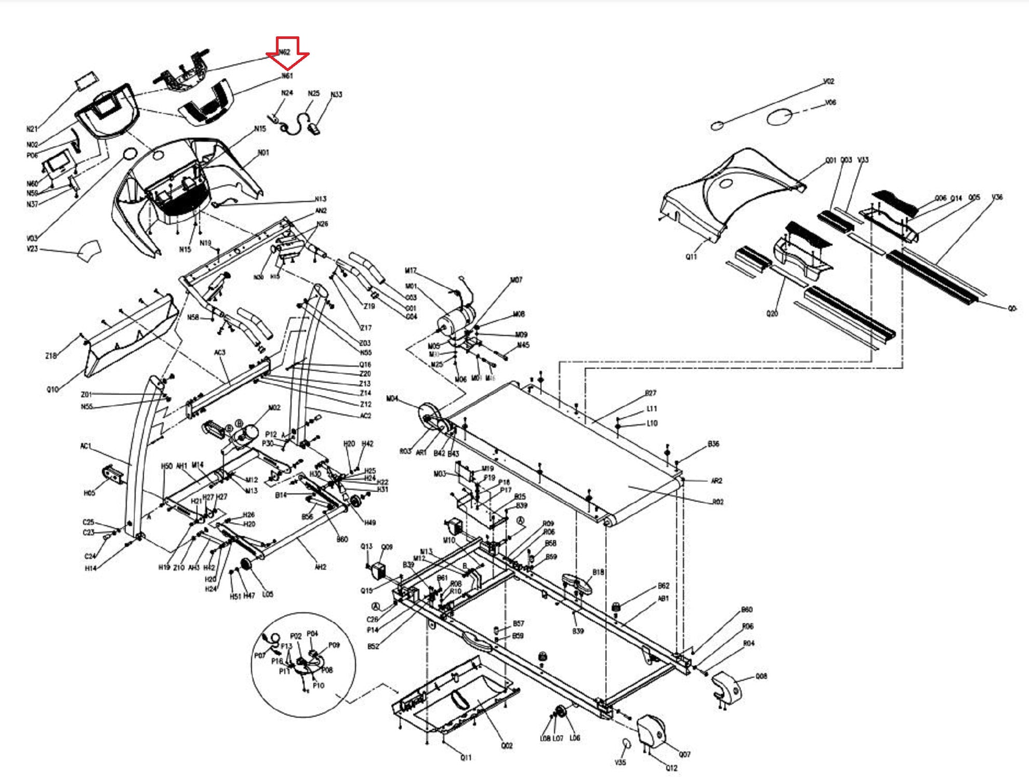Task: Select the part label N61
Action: (x=287, y=76)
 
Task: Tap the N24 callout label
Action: (x=287, y=93)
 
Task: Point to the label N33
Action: (x=336, y=95)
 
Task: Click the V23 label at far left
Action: (x=32, y=249)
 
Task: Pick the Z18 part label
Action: (x=50, y=356)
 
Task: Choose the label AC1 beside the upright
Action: (x=86, y=446)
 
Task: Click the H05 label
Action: (x=89, y=493)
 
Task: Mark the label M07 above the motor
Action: (x=516, y=280)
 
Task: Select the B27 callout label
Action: (x=650, y=393)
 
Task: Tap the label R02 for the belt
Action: (x=718, y=502)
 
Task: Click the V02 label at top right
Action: (x=829, y=82)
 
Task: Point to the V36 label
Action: (x=997, y=197)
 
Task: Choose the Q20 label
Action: (x=772, y=314)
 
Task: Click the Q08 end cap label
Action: (x=761, y=676)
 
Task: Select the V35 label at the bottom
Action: (x=620, y=762)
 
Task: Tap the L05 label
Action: (x=268, y=594)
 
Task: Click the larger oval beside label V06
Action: (x=780, y=117)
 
